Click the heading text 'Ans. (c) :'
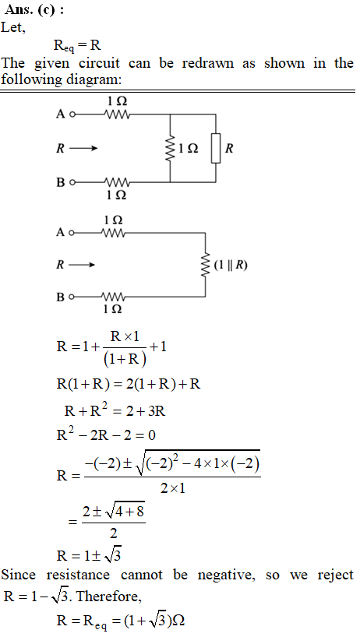coord(34,10)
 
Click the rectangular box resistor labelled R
coord(216,148)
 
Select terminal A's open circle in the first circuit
coord(72,114)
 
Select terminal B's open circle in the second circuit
coord(72,297)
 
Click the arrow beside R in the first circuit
coord(83,148)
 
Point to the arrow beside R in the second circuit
coord(82,266)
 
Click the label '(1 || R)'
coord(231,266)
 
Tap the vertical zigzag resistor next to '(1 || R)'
coord(205,266)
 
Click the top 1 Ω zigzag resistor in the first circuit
coord(117,114)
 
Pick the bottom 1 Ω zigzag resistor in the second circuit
coord(113,297)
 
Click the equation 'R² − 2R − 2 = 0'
coord(106,435)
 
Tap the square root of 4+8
coord(125,511)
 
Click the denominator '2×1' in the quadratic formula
coord(172,487)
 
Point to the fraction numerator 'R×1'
coord(125,336)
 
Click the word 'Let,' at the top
coord(13,28)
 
